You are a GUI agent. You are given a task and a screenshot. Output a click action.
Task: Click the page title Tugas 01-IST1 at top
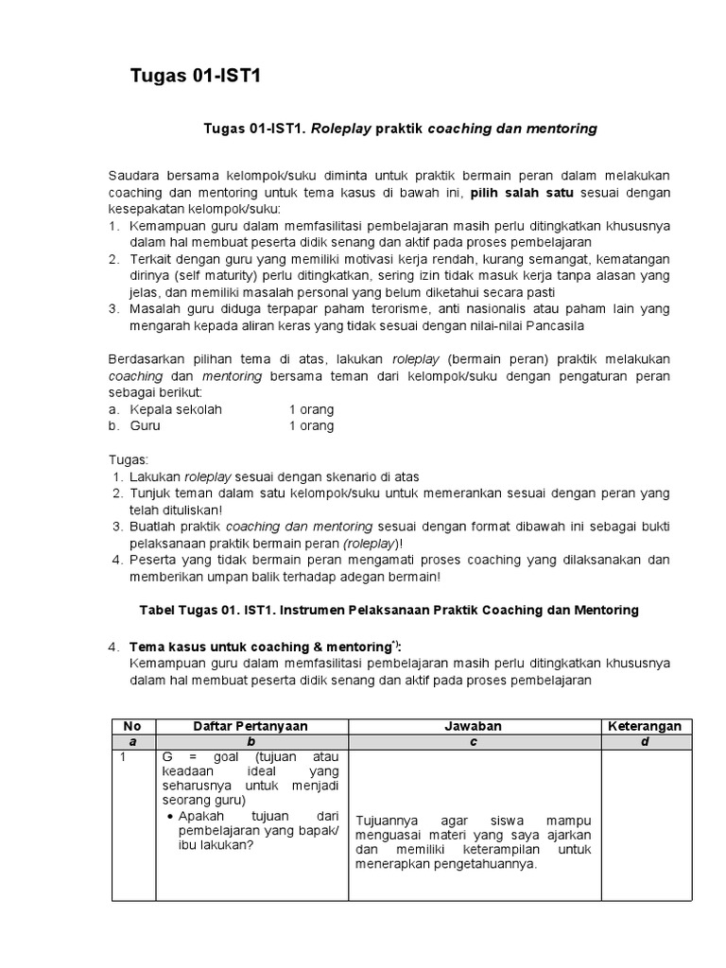[194, 78]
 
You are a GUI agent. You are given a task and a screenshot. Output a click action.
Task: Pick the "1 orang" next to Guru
[311, 425]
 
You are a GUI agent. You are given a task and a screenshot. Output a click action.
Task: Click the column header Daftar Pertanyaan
[251, 726]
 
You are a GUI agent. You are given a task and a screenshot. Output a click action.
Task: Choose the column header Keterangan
[645, 726]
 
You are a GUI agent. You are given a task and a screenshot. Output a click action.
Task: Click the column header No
[133, 726]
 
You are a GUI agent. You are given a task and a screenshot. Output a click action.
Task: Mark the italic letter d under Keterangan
[645, 742]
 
